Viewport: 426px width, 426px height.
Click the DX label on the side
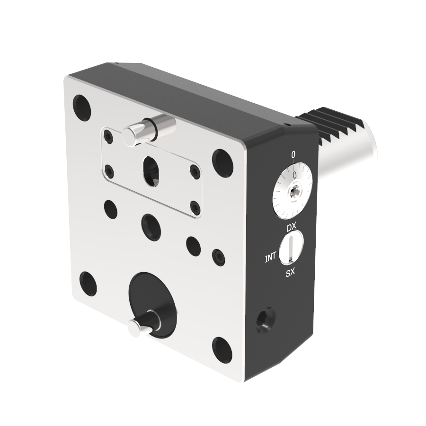coord(291,227)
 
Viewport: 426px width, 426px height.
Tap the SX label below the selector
coord(290,273)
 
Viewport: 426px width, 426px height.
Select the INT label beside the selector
coord(271,257)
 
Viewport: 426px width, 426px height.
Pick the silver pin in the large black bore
coord(144,323)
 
